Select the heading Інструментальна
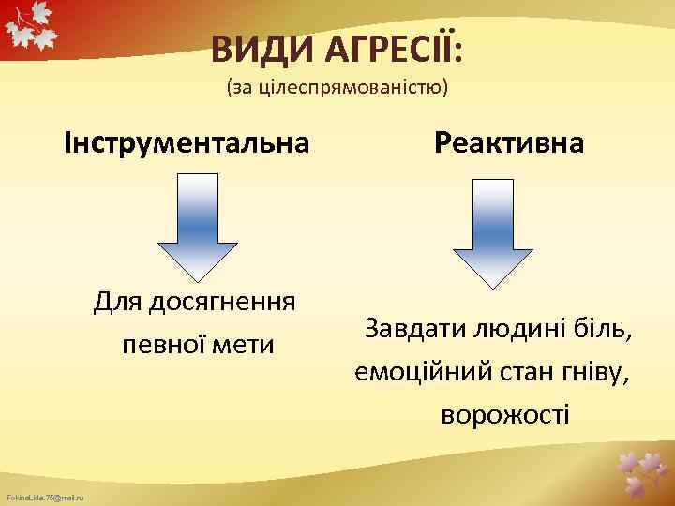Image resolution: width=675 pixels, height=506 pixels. coord(186,143)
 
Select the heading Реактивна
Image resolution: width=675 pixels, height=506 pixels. coord(509,143)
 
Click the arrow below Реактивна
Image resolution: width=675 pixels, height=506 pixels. coord(493,230)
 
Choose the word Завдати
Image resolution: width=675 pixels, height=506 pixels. coord(412,330)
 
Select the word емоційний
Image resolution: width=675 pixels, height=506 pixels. coord(412,372)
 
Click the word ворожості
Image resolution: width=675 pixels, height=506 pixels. coord(505,413)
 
